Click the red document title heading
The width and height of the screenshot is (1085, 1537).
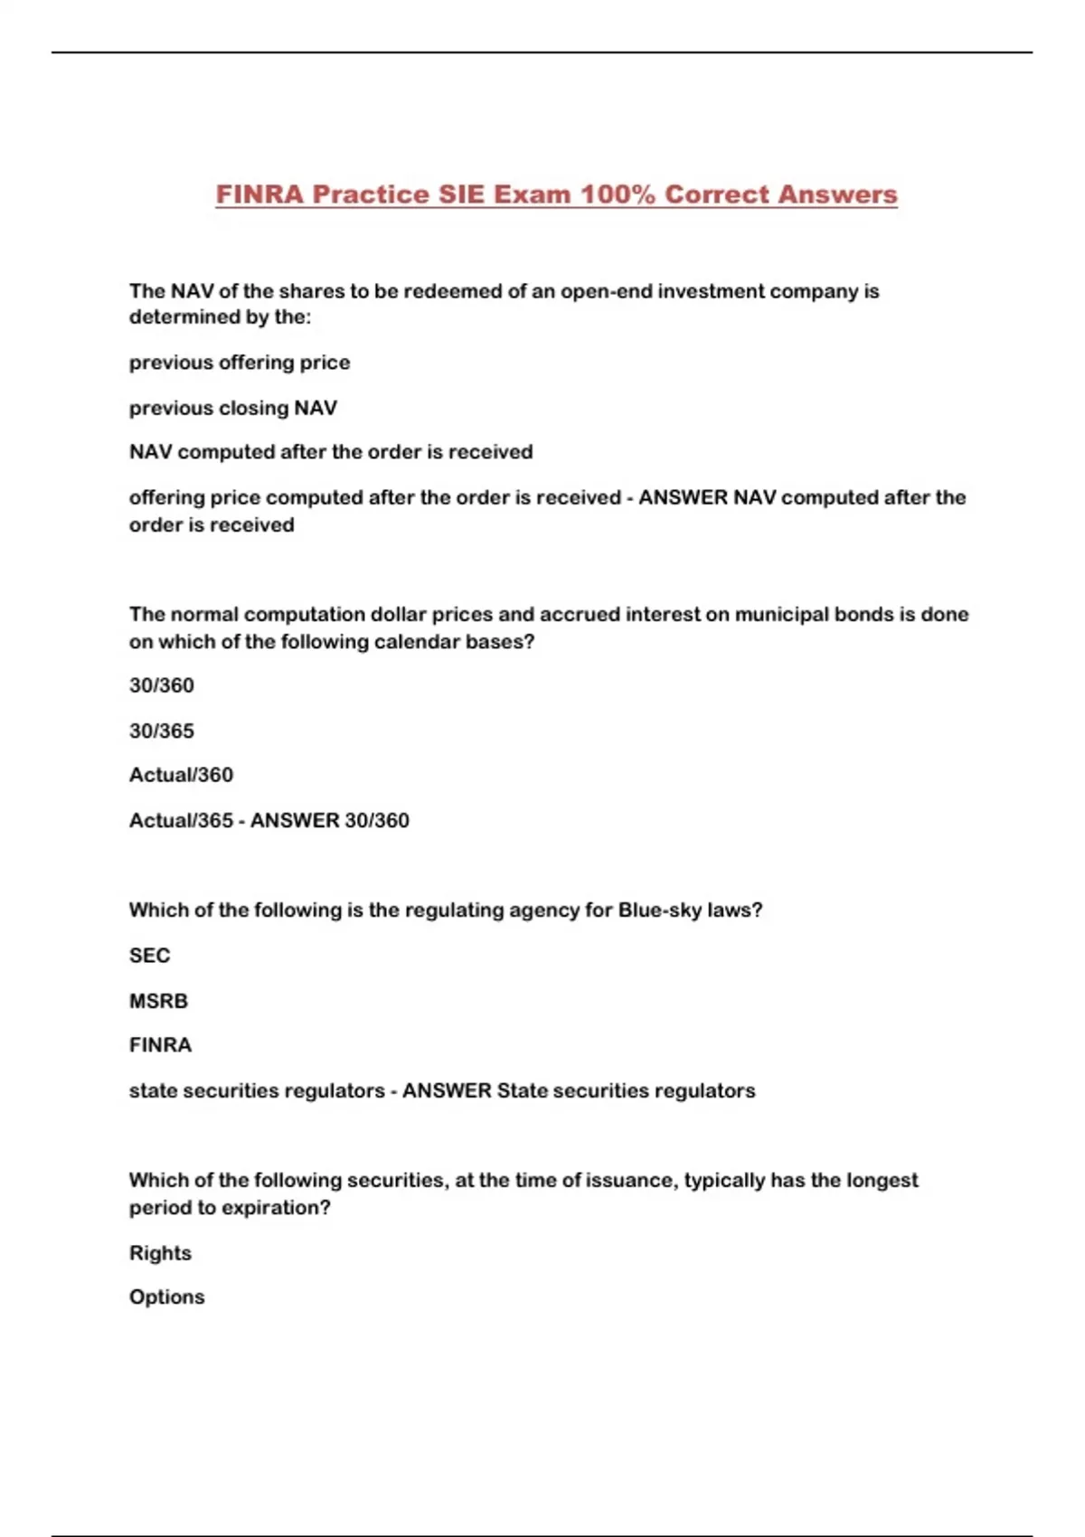(x=556, y=194)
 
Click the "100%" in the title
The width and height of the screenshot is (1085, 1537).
(x=618, y=194)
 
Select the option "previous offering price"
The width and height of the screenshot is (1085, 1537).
(x=240, y=363)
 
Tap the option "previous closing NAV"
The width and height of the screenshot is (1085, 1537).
(x=233, y=408)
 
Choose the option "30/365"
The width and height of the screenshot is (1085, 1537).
(x=162, y=731)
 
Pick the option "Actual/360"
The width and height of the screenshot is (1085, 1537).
(x=181, y=775)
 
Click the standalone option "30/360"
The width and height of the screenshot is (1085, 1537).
(x=162, y=685)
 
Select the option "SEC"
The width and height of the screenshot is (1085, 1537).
(x=150, y=956)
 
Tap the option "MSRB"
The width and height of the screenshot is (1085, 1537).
(x=158, y=1001)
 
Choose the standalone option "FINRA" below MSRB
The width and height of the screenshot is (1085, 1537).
(x=161, y=1045)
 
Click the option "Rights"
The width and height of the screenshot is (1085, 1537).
(x=160, y=1253)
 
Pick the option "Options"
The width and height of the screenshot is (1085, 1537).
(x=167, y=1297)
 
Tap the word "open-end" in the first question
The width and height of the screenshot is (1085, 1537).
(x=606, y=291)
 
